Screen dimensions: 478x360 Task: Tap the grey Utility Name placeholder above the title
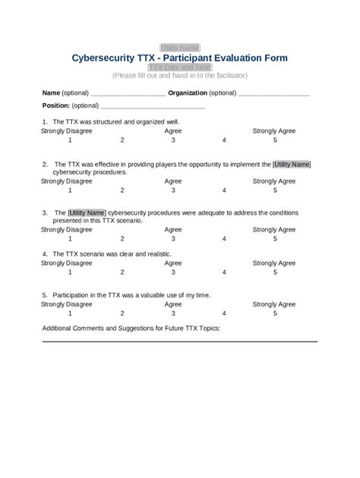179,47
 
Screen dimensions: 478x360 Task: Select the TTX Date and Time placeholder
179,67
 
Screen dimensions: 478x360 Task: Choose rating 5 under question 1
275,140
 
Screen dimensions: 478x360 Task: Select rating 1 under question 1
69,140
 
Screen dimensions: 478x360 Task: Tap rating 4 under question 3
224,238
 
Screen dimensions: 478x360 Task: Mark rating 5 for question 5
275,313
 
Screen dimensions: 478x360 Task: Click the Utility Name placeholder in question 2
292,164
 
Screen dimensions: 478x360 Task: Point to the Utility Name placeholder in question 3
87,212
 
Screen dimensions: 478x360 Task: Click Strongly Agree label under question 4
274,263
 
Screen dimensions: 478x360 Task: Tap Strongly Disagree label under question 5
67,303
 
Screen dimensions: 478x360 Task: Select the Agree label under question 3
173,229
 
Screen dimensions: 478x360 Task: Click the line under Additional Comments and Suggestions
179,341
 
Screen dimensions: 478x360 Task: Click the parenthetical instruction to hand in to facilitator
179,76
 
